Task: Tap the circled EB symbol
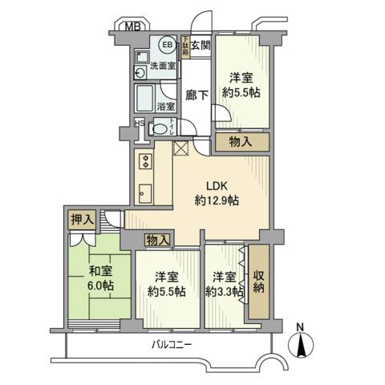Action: [x=168, y=45]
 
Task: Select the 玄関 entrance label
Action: [x=200, y=45]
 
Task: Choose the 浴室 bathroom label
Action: [x=165, y=105]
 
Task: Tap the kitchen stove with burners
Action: [x=145, y=160]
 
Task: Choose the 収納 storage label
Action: [x=257, y=285]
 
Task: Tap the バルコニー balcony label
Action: [x=175, y=345]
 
